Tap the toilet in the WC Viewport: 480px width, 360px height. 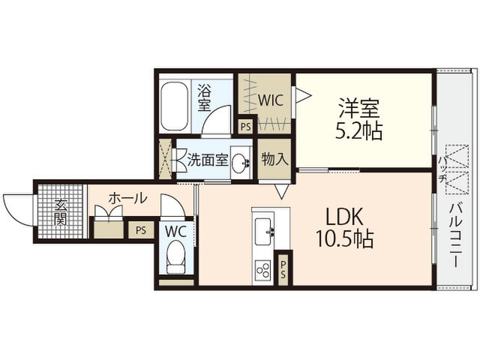(176, 256)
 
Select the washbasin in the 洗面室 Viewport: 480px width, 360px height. (241, 162)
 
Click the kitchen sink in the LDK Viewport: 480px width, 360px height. (263, 232)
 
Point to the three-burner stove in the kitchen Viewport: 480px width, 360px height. (263, 270)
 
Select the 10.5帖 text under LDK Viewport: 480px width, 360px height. (344, 238)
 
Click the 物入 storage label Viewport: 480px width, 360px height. (274, 159)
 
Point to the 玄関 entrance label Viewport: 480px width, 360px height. (60, 211)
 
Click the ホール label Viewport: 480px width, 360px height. (127, 198)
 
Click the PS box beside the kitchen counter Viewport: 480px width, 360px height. (283, 268)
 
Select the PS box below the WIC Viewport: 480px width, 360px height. (245, 127)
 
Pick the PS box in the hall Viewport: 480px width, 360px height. (141, 229)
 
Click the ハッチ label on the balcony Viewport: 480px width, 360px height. (442, 170)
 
